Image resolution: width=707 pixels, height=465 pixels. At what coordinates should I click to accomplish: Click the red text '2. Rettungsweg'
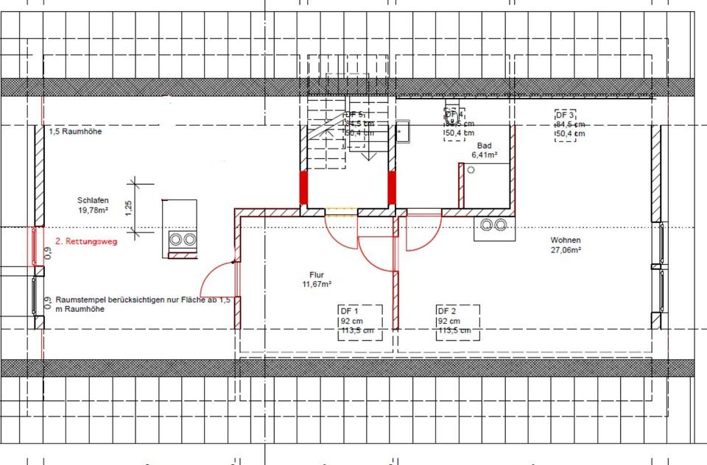point(84,241)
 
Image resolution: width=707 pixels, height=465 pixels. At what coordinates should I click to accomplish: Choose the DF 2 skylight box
point(458,321)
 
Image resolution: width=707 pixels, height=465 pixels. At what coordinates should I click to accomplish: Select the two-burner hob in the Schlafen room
point(183,239)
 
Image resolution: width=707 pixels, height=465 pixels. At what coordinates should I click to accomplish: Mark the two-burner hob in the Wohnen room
point(493,225)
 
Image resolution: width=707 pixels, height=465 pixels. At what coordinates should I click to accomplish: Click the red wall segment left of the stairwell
point(303,188)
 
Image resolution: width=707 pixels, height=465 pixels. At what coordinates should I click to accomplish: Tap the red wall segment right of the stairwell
point(393,188)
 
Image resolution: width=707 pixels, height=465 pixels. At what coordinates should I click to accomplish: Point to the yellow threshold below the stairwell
point(341,211)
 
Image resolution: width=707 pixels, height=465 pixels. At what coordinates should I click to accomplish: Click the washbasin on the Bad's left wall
point(403,131)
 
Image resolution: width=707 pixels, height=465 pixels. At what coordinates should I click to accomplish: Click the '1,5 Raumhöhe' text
point(75,132)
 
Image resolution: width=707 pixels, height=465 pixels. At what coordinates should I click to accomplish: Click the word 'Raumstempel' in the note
point(77,301)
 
